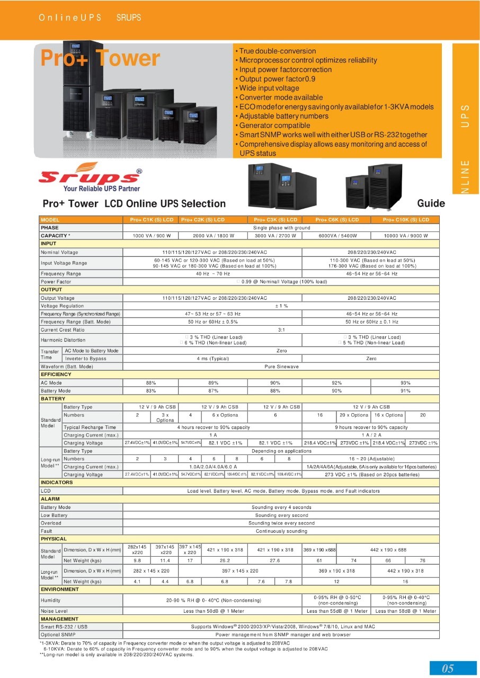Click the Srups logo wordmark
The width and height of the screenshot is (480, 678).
(90, 176)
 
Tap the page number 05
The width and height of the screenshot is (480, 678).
(448, 668)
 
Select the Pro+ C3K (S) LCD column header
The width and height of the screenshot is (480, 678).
(275, 219)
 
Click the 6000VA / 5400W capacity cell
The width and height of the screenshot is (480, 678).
(336, 236)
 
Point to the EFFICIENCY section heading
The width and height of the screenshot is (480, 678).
(56, 374)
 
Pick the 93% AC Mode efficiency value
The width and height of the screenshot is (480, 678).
(406, 382)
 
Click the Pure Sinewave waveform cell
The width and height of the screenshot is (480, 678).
(281, 367)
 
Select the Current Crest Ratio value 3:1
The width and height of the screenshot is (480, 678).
(281, 329)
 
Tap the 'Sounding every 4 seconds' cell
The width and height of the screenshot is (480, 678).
(281, 507)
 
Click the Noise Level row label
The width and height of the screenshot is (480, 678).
(54, 611)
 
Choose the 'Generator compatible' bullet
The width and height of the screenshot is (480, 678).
(274, 126)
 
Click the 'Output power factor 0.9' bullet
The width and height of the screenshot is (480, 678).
(277, 79)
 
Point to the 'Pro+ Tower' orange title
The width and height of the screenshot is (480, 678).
(100, 58)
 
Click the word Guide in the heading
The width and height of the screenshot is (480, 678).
(431, 203)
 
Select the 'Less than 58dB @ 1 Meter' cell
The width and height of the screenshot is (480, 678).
(406, 611)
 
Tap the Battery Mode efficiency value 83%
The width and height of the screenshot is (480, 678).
(151, 390)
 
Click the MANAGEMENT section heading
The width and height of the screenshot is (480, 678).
(59, 619)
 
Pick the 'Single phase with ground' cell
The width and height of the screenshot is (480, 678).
(281, 227)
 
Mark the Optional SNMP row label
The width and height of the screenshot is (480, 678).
(58, 634)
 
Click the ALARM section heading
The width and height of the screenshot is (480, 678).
(50, 499)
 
